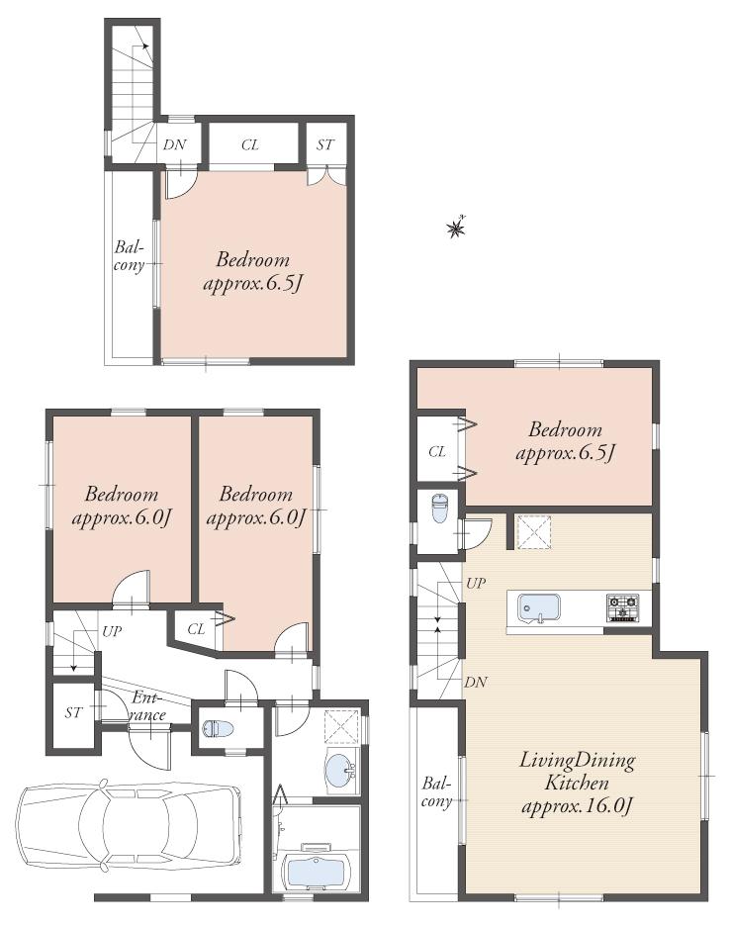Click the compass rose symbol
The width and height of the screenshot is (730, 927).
[x=455, y=229]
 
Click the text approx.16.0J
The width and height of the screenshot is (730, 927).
[x=578, y=805]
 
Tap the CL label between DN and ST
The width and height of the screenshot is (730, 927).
[x=250, y=145]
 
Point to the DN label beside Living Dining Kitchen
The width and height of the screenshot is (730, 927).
[x=474, y=682]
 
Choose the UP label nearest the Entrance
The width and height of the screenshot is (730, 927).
[x=111, y=630]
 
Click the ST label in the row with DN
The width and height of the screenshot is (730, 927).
[x=325, y=145]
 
